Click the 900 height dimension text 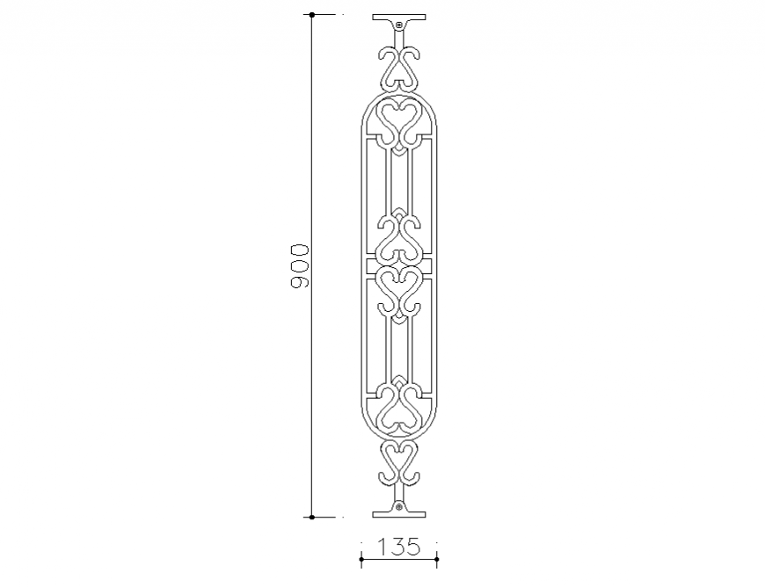pyautogui.click(x=300, y=266)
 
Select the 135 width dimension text pyautogui.click(x=398, y=547)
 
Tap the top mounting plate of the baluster pyautogui.click(x=398, y=18)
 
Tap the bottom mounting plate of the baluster pyautogui.click(x=398, y=513)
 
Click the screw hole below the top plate pyautogui.click(x=398, y=25)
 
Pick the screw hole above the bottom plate pyautogui.click(x=398, y=506)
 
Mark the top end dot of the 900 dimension pyautogui.click(x=311, y=15)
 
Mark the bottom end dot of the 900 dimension pyautogui.click(x=311, y=517)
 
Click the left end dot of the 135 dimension pyautogui.click(x=361, y=557)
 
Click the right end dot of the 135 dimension pyautogui.click(x=436, y=557)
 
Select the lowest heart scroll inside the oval pyautogui.click(x=398, y=409)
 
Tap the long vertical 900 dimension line pyautogui.click(x=311, y=176)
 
